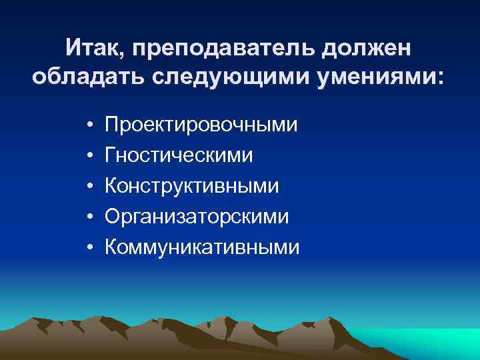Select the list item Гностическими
179,155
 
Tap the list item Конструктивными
193,186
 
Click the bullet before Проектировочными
88,125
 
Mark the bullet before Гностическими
88,156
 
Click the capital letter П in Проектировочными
113,125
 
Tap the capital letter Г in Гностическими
111,155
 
